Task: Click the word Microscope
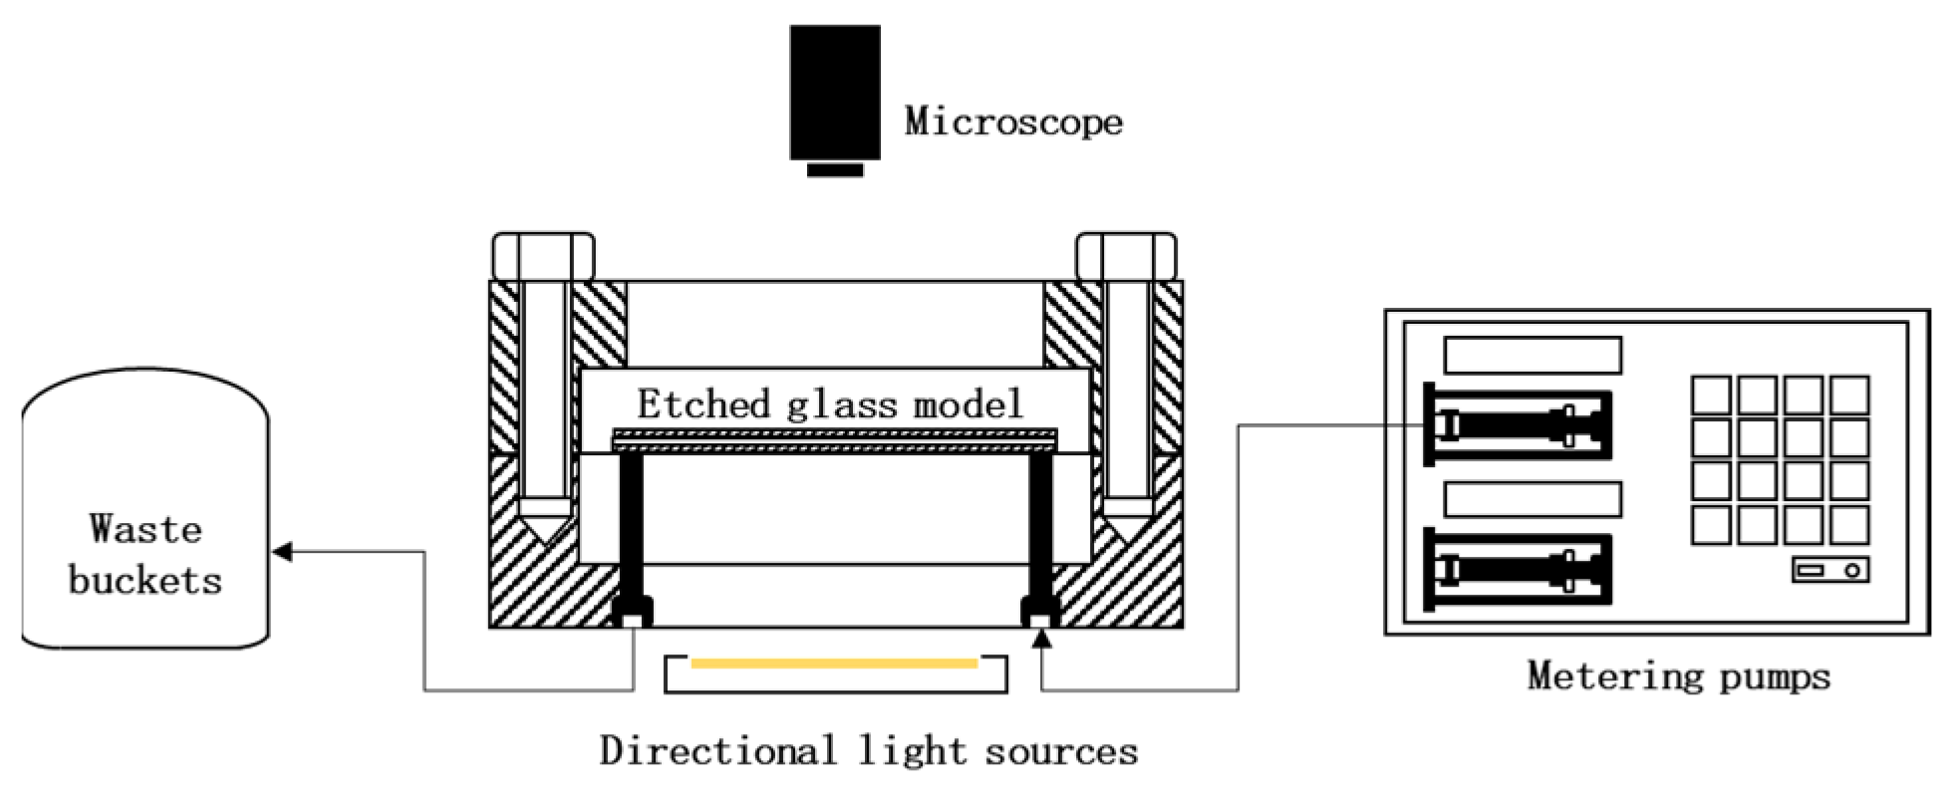click(x=1012, y=122)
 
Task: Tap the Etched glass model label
click(x=830, y=403)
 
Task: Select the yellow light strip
click(x=834, y=662)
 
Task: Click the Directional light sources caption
click(x=868, y=750)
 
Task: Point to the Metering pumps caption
click(x=1679, y=676)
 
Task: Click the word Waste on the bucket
click(x=145, y=528)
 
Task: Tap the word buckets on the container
click(x=145, y=580)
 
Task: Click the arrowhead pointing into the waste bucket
click(x=282, y=551)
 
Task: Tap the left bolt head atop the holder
click(x=543, y=256)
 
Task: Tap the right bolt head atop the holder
click(x=1126, y=256)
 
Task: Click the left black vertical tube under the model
click(x=631, y=528)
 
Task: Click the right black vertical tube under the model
click(x=1040, y=528)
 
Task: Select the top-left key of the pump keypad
click(x=1711, y=395)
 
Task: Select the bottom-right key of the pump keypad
click(x=1848, y=524)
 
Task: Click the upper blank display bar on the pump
click(x=1532, y=355)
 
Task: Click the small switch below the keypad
click(x=1829, y=570)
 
